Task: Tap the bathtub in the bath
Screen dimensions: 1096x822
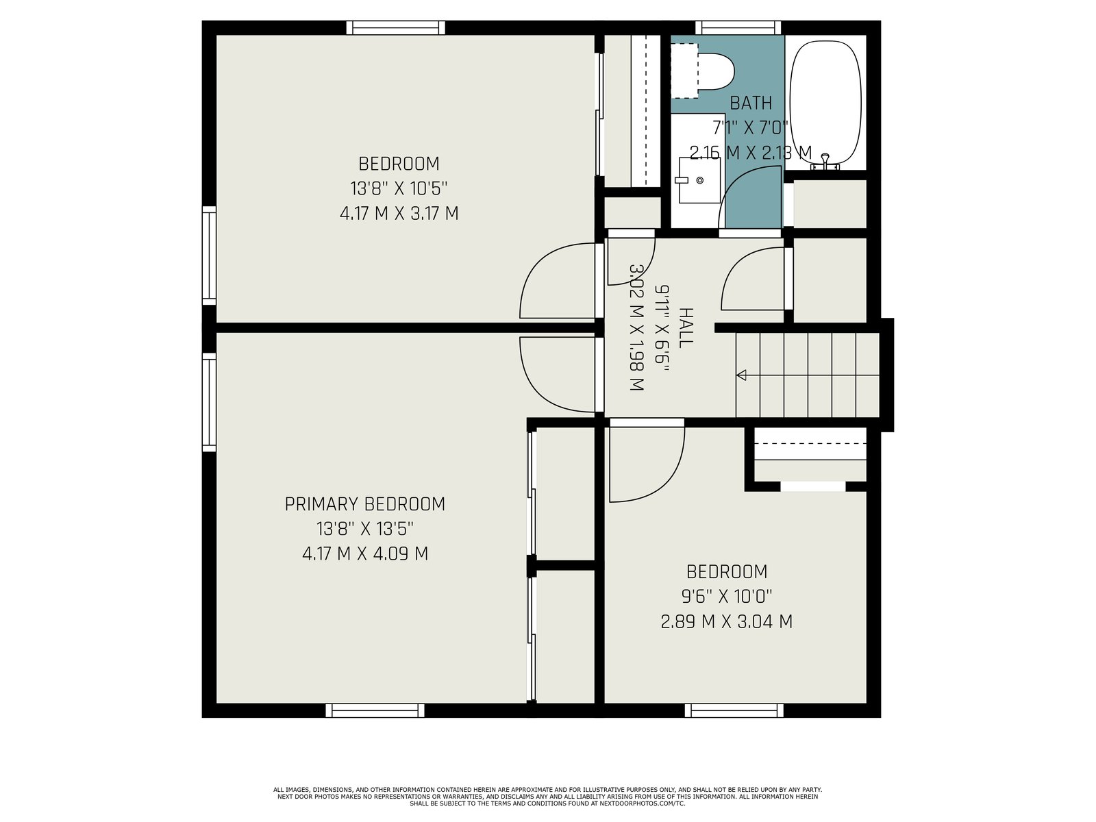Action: (826, 102)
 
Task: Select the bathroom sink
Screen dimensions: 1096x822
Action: (699, 180)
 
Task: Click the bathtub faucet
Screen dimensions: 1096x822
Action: (825, 161)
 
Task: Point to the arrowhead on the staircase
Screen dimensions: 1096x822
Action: (741, 375)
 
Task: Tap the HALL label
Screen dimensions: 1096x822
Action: (686, 328)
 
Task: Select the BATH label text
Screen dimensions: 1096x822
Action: (751, 103)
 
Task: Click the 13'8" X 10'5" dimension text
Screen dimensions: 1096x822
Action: (399, 188)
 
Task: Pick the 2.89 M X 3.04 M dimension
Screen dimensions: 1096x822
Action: (727, 622)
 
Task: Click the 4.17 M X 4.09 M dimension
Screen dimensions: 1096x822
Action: (365, 554)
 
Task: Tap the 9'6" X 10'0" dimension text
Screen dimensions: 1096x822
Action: (727, 596)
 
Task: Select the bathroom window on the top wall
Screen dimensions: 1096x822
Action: (738, 27)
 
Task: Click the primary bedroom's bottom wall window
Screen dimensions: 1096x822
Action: (375, 710)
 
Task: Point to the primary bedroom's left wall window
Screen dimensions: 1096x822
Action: (209, 402)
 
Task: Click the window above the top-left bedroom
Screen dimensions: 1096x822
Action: (396, 27)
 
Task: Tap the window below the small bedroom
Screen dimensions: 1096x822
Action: (734, 710)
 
